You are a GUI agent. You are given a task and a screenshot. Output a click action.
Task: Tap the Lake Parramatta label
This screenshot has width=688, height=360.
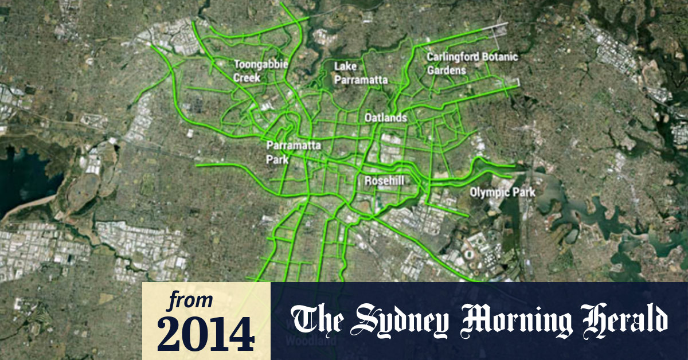(x=361, y=73)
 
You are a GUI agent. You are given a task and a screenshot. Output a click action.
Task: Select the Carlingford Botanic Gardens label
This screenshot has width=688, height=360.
(x=472, y=64)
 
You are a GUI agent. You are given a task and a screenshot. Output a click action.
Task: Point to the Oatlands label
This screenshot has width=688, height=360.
(x=386, y=118)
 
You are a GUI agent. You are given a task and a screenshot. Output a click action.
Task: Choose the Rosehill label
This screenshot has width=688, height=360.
(x=385, y=181)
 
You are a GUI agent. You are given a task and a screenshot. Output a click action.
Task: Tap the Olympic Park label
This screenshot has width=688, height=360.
(x=502, y=193)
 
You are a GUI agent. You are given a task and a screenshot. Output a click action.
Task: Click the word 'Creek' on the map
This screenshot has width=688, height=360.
(x=247, y=77)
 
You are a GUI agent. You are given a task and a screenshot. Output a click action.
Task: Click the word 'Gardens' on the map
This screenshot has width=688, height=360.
(x=447, y=70)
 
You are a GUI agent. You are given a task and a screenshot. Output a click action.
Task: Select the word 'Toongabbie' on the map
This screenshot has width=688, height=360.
(x=260, y=64)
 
